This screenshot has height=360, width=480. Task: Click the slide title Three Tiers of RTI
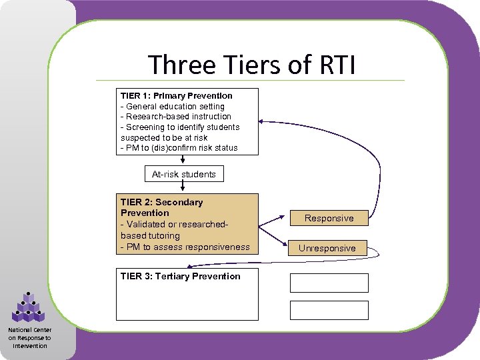click(252, 65)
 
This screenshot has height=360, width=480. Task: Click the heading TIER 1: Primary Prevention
click(177, 95)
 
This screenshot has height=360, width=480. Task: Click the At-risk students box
click(184, 174)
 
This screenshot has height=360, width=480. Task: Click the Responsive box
click(329, 218)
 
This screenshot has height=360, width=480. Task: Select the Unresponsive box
click(327, 248)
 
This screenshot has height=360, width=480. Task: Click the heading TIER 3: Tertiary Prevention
click(180, 276)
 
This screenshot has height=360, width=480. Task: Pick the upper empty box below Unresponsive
click(329, 283)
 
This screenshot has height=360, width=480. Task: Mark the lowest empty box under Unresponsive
click(329, 310)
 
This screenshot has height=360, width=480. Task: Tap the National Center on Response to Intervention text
click(29, 337)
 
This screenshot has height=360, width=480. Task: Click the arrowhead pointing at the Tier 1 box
click(262, 121)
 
